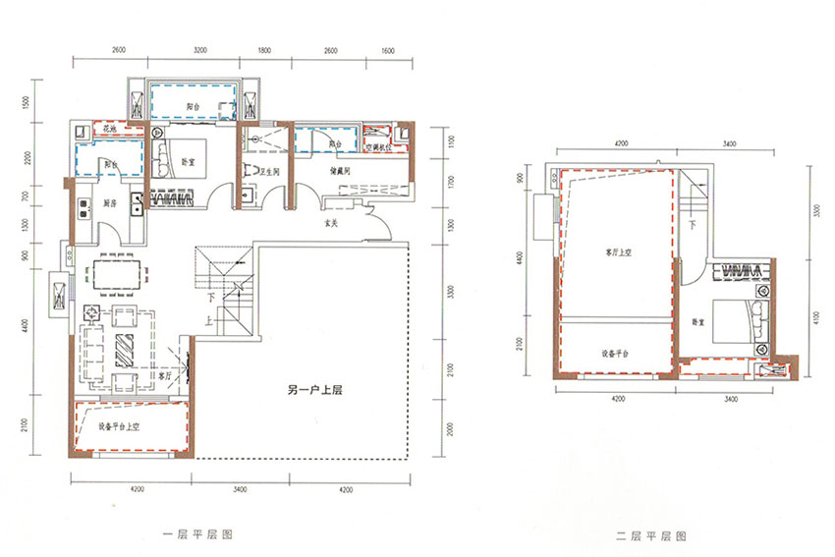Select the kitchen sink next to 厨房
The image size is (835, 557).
[80, 208]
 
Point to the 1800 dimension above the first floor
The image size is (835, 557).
[264, 48]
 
